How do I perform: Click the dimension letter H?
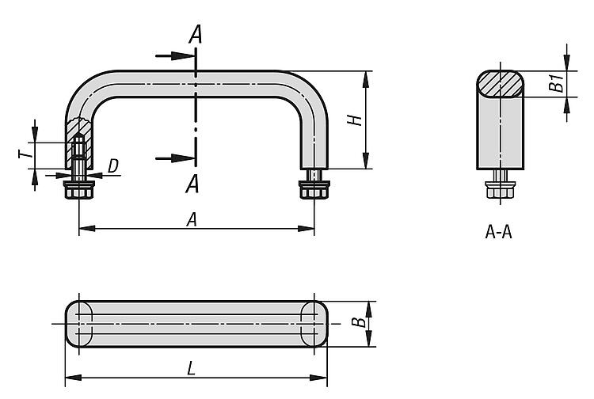click(356, 120)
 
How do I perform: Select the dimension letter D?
click(113, 165)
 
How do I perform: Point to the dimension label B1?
click(558, 82)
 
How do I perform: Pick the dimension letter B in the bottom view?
click(359, 323)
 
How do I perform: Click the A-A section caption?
click(499, 233)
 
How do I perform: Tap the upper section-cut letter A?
click(195, 35)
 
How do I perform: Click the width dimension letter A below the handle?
click(192, 221)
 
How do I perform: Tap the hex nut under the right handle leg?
click(314, 190)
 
